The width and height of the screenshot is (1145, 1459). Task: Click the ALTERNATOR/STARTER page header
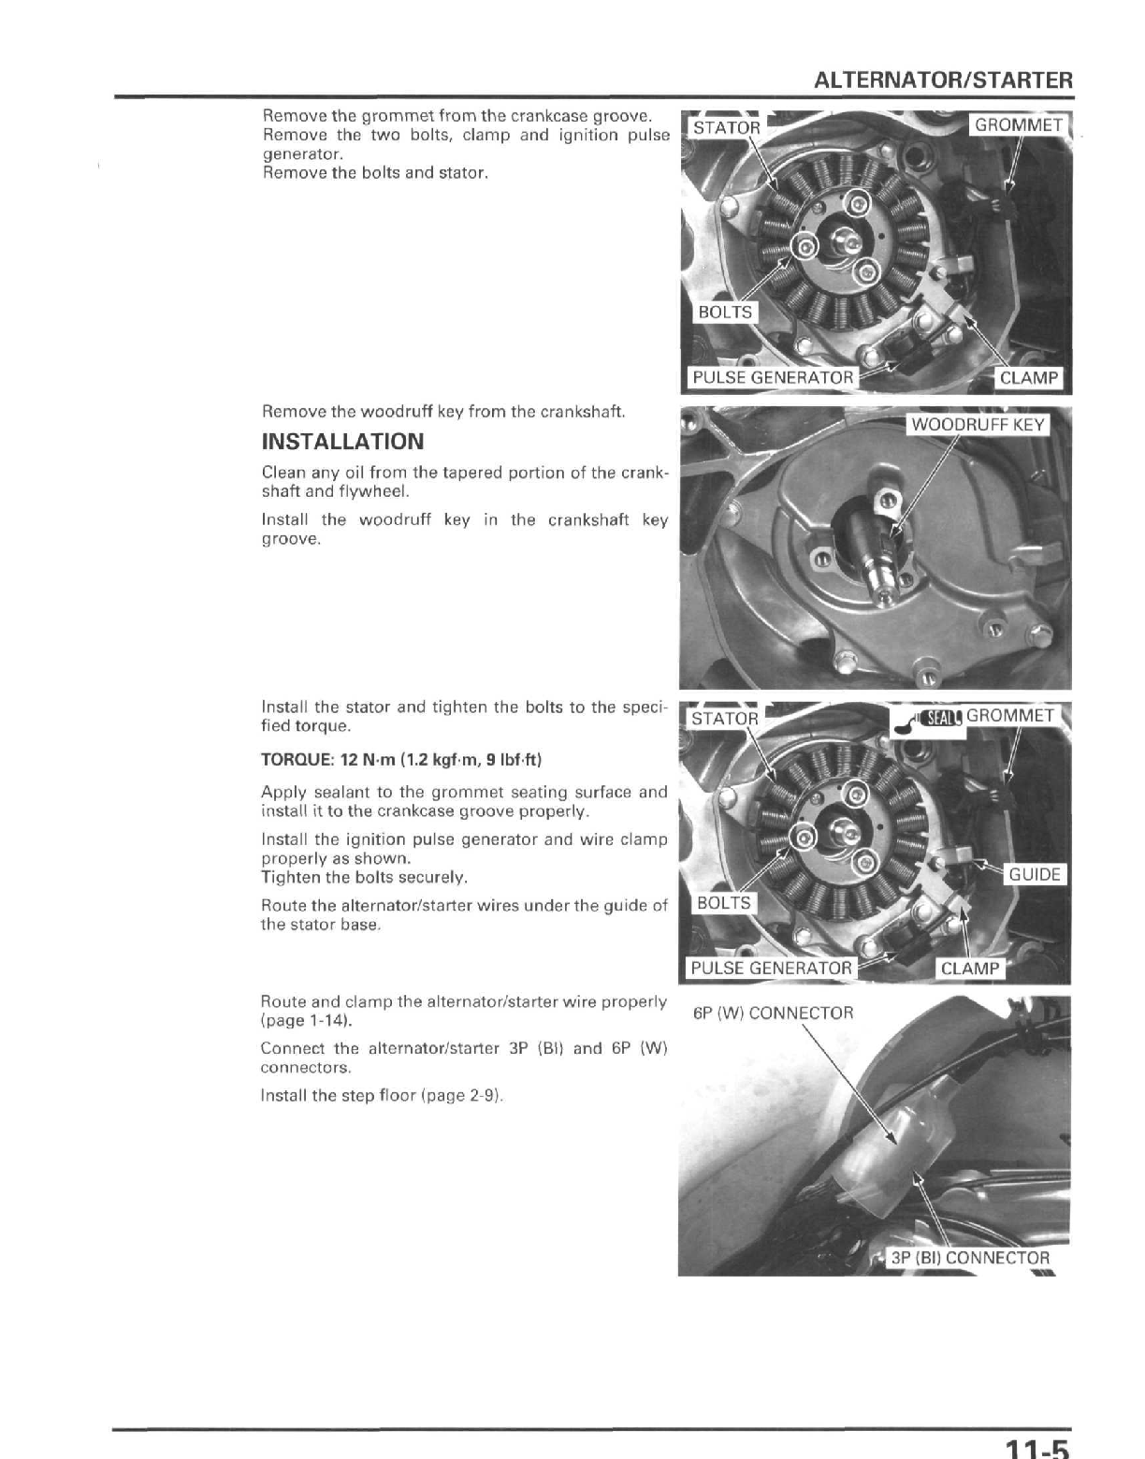[x=943, y=80]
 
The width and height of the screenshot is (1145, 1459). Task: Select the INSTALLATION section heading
[x=342, y=442]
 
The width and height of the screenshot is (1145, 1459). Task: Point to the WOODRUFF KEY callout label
[x=978, y=424]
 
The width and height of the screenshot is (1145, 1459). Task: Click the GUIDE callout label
[x=1035, y=874]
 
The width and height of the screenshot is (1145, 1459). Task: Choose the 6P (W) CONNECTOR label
[x=773, y=1013]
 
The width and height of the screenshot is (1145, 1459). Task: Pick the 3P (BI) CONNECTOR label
[x=969, y=1258]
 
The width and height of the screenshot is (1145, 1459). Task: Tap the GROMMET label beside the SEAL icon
[x=1010, y=716]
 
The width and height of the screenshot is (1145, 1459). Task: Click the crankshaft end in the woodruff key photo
[x=879, y=585]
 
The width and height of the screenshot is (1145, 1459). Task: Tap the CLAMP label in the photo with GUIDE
[x=969, y=969]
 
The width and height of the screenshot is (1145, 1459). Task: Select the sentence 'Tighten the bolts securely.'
[x=364, y=878]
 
